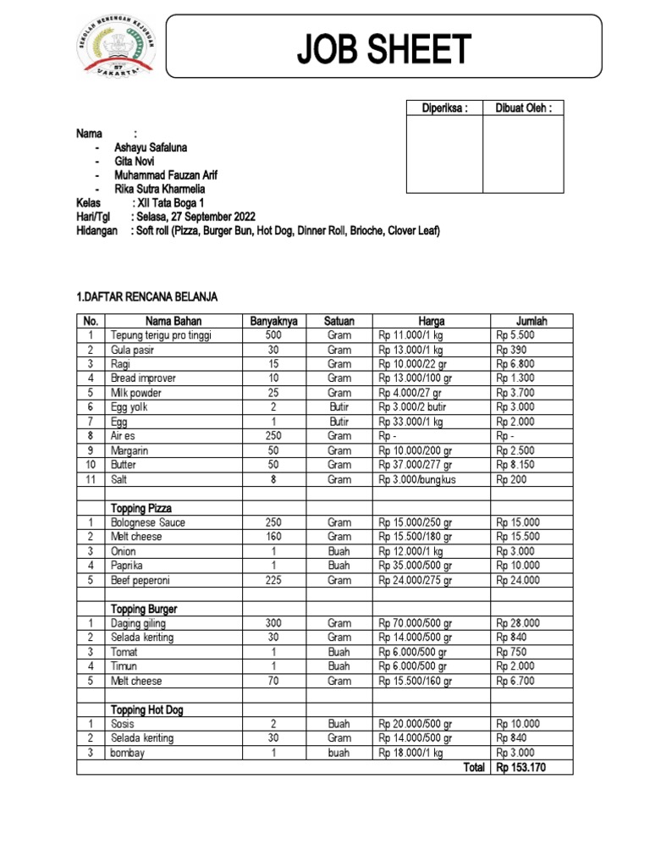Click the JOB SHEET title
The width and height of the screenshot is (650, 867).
coord(383,50)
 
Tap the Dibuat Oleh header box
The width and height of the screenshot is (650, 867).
coord(523,108)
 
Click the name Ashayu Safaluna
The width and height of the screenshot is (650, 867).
coord(151,147)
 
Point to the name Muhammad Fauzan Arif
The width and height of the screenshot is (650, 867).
coord(165,175)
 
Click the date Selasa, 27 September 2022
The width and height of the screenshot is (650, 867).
coord(194,217)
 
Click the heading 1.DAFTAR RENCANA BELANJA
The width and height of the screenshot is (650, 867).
coord(147,296)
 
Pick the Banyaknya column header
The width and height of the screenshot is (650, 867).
coord(273,321)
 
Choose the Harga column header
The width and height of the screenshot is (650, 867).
coord(431,321)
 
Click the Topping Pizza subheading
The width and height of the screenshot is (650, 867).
coord(141,508)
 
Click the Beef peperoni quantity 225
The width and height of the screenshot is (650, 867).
coord(273,580)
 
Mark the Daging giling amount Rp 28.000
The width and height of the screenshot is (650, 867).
coord(519,623)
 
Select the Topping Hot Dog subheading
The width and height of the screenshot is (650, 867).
coord(147,710)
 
